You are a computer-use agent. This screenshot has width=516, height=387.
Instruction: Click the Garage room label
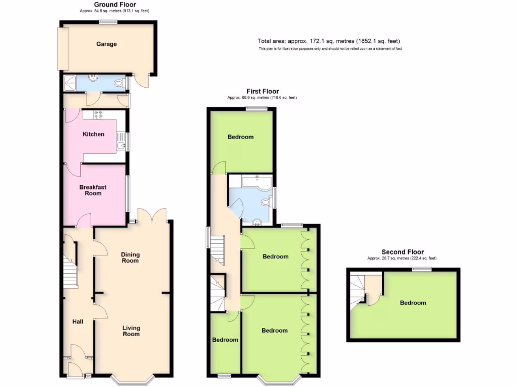tap(106, 44)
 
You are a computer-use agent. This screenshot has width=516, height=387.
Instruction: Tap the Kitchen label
tap(94, 134)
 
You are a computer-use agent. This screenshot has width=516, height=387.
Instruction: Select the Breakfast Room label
tap(93, 190)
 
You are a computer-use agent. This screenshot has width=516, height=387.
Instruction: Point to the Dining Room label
tap(130, 257)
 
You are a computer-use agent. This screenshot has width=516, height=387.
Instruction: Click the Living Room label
tap(131, 331)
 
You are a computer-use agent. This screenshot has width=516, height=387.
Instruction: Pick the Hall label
tap(78, 321)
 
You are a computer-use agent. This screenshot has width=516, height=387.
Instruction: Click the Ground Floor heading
tap(115, 5)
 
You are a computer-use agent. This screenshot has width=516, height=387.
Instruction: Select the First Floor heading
tap(263, 91)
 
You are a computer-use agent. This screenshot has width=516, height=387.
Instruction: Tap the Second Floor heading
tap(402, 252)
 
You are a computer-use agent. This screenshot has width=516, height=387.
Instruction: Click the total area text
tap(329, 41)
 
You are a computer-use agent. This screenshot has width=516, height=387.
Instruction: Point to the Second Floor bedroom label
tap(413, 303)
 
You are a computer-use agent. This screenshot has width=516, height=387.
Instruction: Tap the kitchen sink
tap(121, 146)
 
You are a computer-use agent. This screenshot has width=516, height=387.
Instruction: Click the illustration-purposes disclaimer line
tap(330, 49)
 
